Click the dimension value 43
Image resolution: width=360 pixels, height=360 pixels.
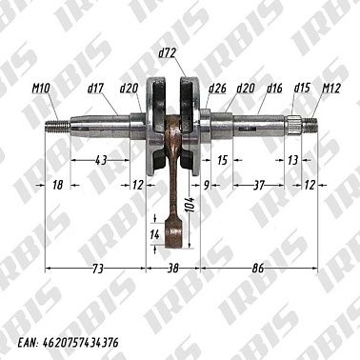click(x=101, y=160)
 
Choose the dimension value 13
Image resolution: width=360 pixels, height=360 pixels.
click(x=291, y=160)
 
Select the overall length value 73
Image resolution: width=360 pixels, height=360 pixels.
click(x=97, y=270)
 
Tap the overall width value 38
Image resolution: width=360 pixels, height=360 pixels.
click(x=173, y=270)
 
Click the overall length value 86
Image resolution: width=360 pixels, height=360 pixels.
click(x=257, y=270)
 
